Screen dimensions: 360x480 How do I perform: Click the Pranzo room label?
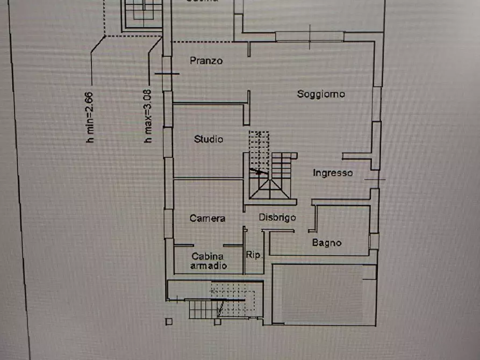206,61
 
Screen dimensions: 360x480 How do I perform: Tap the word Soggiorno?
321,94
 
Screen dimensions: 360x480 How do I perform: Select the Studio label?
209,139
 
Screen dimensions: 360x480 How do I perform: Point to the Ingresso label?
333,173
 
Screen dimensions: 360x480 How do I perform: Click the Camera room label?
207,218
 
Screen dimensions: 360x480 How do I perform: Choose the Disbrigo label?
277,217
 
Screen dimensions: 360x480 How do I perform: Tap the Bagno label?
327,243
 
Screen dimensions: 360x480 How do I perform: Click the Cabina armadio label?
209,261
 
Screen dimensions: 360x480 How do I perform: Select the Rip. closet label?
254,255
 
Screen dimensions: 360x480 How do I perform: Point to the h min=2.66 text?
90,117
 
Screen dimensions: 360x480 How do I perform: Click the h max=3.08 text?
147,116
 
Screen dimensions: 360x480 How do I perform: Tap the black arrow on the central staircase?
259,172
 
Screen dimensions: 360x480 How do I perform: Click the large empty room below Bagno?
323,294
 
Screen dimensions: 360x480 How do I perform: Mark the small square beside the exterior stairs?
169,321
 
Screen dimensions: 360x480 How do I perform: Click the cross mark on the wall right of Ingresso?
375,178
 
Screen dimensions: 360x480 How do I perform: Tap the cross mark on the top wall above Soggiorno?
310,36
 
